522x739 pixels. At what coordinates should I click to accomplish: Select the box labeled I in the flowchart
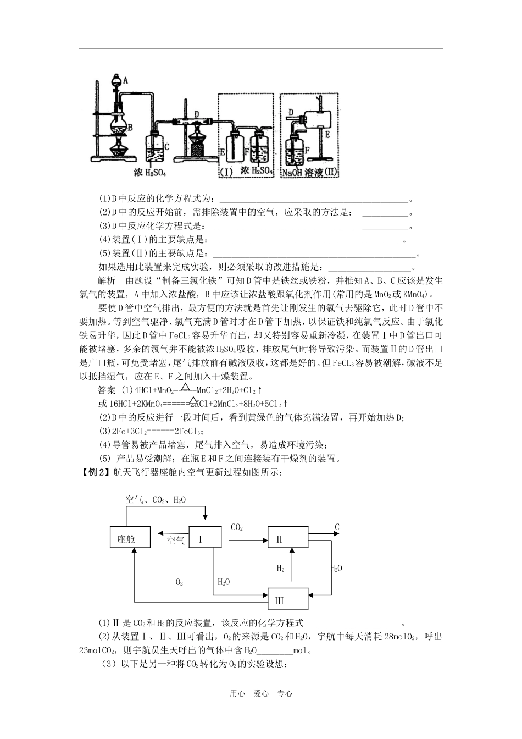[x=204, y=538]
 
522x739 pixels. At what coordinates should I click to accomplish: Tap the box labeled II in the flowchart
[x=288, y=538]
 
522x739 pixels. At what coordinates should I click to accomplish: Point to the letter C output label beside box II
[x=337, y=527]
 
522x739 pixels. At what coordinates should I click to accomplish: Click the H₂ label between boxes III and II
[x=281, y=568]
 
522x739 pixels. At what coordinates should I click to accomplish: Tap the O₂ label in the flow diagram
[x=179, y=582]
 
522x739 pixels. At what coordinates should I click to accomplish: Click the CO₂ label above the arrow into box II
[x=237, y=528]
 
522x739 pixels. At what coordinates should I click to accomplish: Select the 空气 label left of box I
[x=175, y=541]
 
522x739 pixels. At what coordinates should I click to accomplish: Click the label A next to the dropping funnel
[x=125, y=80]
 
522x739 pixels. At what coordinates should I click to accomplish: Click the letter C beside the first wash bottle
[x=166, y=146]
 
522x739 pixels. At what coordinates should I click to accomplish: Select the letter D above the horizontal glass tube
[x=196, y=114]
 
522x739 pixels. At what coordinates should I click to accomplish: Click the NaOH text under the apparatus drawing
[x=291, y=173]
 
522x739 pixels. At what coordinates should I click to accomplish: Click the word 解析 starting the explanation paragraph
[x=106, y=280]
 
